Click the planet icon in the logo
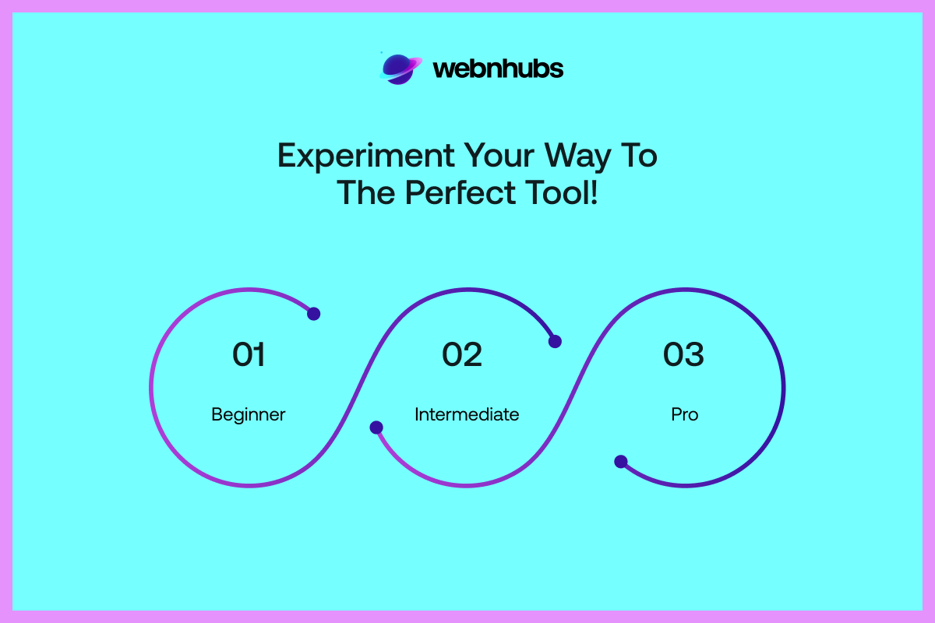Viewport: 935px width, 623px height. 400,69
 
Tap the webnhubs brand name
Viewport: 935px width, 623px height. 498,69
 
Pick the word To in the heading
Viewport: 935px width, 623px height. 640,155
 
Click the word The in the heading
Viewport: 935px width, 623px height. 366,192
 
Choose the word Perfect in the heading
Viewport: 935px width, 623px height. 460,192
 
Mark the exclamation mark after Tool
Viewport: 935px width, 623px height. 594,192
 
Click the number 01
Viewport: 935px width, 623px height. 249,354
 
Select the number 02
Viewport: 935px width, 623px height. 462,354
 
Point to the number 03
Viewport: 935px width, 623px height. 684,354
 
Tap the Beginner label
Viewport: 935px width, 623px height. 249,415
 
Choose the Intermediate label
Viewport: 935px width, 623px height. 467,414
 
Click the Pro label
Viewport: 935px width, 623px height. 685,414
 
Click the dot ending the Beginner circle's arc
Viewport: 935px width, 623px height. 313,313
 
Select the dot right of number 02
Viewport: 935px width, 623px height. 555,341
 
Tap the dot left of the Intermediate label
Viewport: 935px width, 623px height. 376,428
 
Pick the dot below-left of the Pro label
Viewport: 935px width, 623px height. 621,462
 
